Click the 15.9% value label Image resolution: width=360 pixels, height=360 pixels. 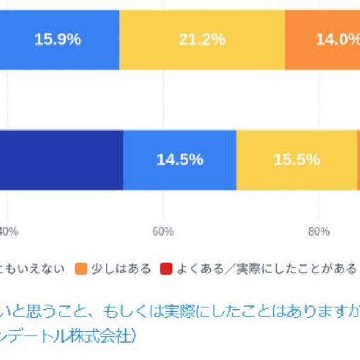58,39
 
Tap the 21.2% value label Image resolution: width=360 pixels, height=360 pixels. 202,39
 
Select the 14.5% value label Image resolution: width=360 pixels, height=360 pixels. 179,160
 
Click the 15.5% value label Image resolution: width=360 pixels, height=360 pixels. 296,160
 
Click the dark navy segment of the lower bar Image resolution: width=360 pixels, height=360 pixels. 62,160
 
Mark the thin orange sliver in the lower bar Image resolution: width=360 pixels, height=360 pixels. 358,160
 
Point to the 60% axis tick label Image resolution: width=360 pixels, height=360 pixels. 163,231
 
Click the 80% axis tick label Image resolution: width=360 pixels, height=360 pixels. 319,231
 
